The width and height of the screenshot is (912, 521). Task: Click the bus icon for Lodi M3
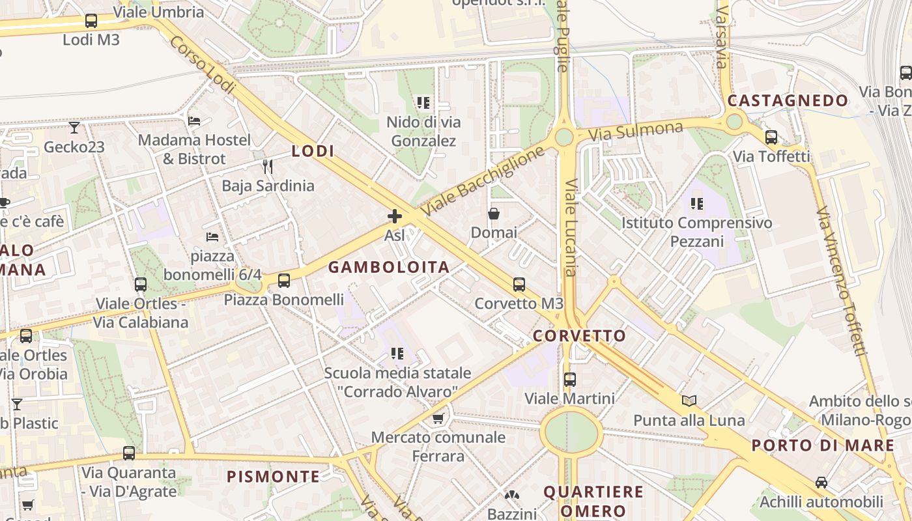click(91, 21)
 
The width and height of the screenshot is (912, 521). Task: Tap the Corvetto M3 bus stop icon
click(519, 285)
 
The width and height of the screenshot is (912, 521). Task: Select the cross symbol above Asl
click(394, 216)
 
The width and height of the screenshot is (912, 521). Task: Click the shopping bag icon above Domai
click(494, 214)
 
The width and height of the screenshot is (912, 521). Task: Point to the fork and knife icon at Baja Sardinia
click(268, 167)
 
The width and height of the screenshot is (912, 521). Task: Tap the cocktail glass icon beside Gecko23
click(74, 128)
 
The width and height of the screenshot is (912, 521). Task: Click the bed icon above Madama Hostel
click(194, 121)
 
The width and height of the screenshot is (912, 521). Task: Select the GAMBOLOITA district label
click(389, 267)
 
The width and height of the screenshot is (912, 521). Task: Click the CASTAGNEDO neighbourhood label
click(788, 100)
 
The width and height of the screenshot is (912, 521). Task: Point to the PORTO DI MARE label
click(823, 445)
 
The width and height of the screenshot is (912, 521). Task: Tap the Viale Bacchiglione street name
click(482, 182)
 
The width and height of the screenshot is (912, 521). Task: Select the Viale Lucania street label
click(570, 228)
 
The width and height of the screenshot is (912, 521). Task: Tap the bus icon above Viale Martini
click(570, 379)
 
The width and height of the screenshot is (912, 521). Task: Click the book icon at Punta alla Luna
click(689, 401)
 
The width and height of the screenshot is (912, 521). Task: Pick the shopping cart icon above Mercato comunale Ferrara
click(438, 418)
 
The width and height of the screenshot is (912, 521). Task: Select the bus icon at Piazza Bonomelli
click(284, 281)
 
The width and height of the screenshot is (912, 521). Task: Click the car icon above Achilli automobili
click(821, 483)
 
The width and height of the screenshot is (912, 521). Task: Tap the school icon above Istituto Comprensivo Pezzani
click(697, 204)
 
